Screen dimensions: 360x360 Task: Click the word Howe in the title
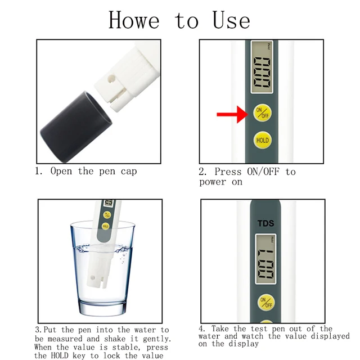tap(134, 20)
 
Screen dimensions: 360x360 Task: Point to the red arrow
tap(232, 115)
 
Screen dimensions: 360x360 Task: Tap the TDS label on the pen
tap(266, 223)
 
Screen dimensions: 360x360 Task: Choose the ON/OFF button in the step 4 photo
tap(266, 303)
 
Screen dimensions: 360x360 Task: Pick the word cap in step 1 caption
tap(127, 171)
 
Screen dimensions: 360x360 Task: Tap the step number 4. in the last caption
tap(202, 328)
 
